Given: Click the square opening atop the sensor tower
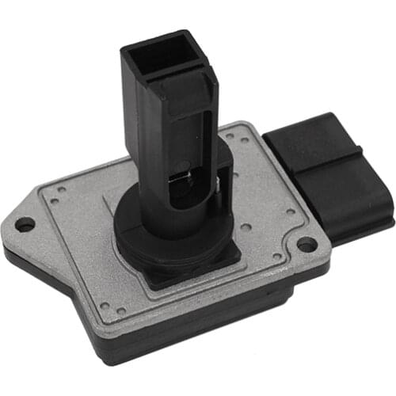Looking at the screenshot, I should click(x=162, y=56).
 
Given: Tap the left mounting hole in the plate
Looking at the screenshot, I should click(x=25, y=225).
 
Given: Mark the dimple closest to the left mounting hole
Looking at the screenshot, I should click(x=55, y=202).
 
